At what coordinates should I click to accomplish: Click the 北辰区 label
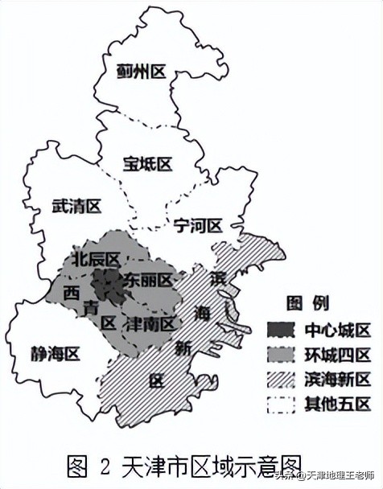96,259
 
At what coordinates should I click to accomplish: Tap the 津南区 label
150,324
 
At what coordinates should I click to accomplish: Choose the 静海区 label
56,353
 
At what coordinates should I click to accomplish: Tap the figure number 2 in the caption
105,464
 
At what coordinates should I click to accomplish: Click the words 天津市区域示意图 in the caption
212,464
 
